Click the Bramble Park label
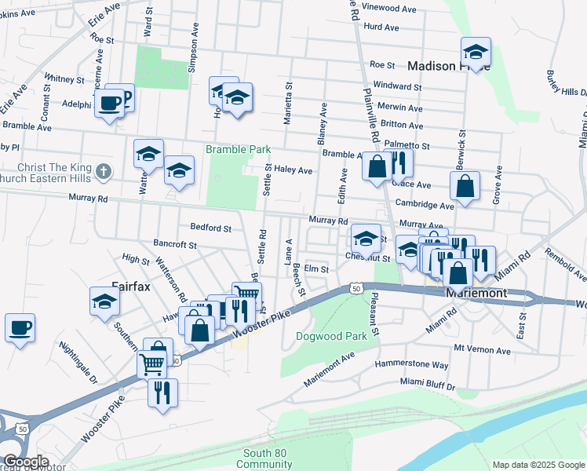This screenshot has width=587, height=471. [x=238, y=149]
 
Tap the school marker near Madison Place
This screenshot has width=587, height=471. [x=476, y=53]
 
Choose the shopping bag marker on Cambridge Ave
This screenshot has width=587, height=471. [x=465, y=187]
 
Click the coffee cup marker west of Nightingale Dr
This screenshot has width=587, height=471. [x=20, y=327]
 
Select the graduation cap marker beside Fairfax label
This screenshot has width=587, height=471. [x=104, y=301]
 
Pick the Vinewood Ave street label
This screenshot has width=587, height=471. [x=389, y=9]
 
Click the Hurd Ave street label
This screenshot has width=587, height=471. [x=382, y=27]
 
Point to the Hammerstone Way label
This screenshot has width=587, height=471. [x=411, y=365]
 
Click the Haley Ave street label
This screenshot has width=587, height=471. [x=293, y=170]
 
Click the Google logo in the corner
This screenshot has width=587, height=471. [x=25, y=462]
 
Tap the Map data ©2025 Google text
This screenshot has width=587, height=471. [x=538, y=465]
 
